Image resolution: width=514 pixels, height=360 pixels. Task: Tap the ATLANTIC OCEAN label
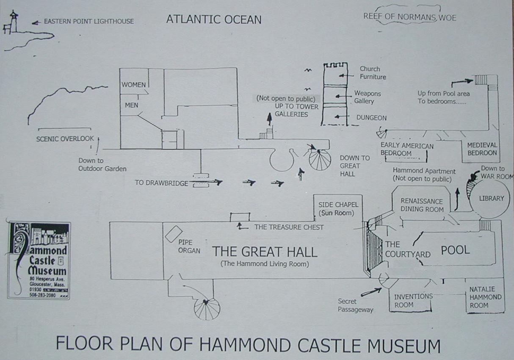213,19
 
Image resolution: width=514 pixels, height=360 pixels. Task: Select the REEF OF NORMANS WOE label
409,17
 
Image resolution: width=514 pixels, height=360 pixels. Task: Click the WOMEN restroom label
133,85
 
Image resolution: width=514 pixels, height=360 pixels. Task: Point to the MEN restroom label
131,105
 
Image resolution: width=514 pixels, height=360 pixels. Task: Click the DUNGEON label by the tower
371,118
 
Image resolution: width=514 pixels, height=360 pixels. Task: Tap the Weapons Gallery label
368,97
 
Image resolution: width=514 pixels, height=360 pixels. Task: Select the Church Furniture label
373,73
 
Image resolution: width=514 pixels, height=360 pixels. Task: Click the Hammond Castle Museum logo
39,260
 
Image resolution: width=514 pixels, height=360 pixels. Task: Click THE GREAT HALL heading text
265,252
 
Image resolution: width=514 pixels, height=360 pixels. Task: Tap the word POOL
456,250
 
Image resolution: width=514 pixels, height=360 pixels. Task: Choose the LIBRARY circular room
491,198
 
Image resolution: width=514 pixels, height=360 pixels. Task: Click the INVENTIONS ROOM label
413,301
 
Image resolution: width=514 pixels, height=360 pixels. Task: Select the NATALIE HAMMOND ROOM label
485,297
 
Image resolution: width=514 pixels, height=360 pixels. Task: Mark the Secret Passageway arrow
371,291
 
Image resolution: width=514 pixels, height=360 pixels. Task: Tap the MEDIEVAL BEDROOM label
482,149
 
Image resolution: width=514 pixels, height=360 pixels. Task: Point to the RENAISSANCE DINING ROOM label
422,205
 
